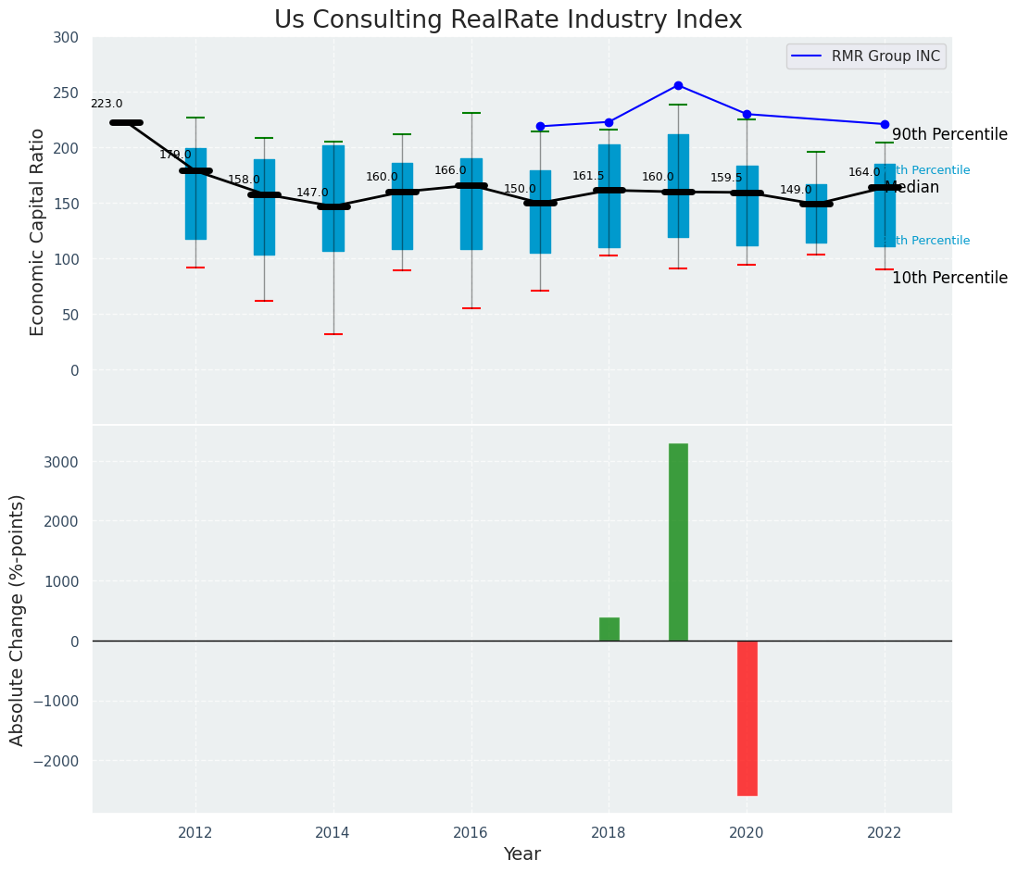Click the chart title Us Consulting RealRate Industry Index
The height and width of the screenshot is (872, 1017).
pos(508,20)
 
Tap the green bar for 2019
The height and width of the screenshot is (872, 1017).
pos(678,542)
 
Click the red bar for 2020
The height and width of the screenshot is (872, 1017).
pos(747,717)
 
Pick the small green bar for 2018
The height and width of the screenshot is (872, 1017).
pos(609,629)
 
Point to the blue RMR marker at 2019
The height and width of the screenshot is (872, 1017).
pos(678,85)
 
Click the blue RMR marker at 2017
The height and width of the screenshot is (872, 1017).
pos(540,126)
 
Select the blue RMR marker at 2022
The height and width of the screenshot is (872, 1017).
pos(885,124)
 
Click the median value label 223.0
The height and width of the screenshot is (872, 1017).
pos(107,105)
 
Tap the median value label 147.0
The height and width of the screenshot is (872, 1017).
pos(312,193)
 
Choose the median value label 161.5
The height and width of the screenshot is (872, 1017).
pos(588,176)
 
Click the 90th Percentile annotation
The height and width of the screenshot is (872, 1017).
pos(949,134)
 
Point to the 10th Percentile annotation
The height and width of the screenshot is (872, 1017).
pos(949,278)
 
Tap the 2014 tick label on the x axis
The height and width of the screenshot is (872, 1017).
pos(333,832)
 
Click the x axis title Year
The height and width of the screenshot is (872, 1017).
pos(521,854)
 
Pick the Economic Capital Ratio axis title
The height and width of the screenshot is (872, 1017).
pos(38,231)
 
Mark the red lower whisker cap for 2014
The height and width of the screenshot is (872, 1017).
pos(333,334)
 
